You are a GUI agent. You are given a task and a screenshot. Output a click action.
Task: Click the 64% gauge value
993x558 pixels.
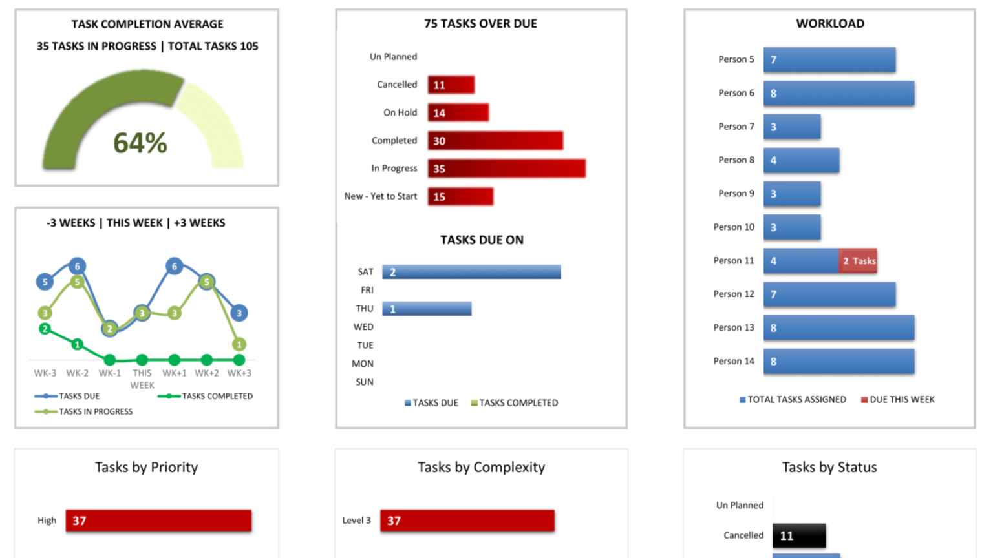click(x=140, y=143)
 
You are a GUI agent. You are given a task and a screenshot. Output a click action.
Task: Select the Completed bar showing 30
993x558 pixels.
click(x=495, y=141)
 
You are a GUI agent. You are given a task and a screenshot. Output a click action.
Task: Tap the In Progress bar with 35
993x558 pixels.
click(x=506, y=169)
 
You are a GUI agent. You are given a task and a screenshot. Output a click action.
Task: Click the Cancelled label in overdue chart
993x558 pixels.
click(x=397, y=85)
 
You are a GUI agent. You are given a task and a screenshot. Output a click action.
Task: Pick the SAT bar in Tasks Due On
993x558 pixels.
click(x=471, y=272)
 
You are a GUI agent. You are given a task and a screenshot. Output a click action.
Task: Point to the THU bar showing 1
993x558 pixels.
click(x=427, y=309)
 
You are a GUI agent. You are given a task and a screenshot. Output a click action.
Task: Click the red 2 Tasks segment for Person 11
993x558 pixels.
click(x=858, y=261)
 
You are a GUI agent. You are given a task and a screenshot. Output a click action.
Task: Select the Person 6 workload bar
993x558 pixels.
click(x=838, y=93)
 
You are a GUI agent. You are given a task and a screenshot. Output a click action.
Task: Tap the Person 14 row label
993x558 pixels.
click(x=733, y=361)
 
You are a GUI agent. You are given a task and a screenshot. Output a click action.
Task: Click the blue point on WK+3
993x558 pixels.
click(x=239, y=313)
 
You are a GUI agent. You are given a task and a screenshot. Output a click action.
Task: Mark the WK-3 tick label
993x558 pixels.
click(x=45, y=373)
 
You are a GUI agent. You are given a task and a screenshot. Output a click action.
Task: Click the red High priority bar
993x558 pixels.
click(x=158, y=521)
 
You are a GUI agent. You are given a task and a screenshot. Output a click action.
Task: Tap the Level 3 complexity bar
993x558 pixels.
click(x=467, y=521)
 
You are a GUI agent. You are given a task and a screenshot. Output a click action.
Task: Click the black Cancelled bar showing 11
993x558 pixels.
click(x=799, y=535)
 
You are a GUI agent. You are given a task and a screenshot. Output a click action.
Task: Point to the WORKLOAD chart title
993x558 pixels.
click(x=829, y=24)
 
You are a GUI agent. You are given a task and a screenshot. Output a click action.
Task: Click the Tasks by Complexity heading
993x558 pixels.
click(x=481, y=467)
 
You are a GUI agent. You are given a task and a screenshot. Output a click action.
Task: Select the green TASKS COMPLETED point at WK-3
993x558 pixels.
click(x=45, y=329)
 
